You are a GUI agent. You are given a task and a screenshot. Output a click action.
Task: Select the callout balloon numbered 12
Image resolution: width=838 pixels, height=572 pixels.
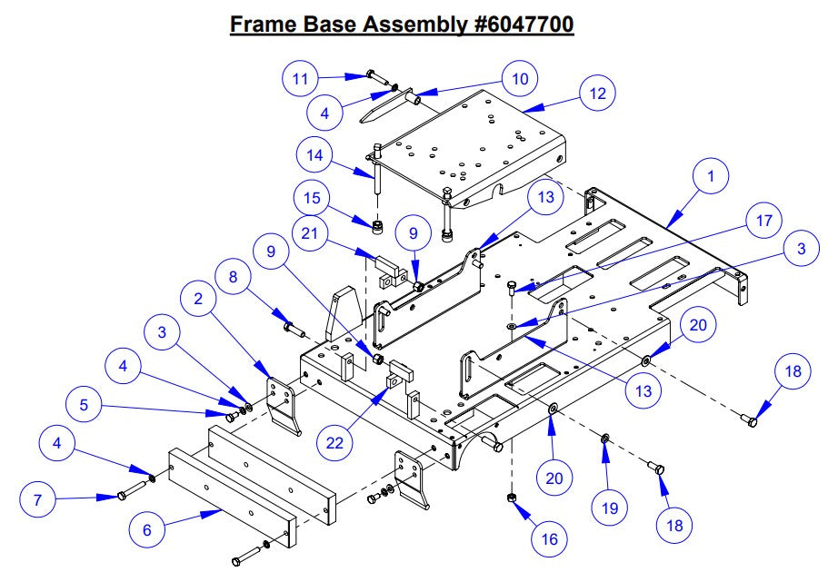(x=596, y=93)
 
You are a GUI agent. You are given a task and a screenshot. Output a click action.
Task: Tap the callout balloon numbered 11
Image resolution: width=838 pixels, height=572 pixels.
(x=300, y=79)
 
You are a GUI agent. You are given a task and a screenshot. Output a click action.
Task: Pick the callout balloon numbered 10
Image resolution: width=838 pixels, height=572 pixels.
(x=519, y=79)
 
